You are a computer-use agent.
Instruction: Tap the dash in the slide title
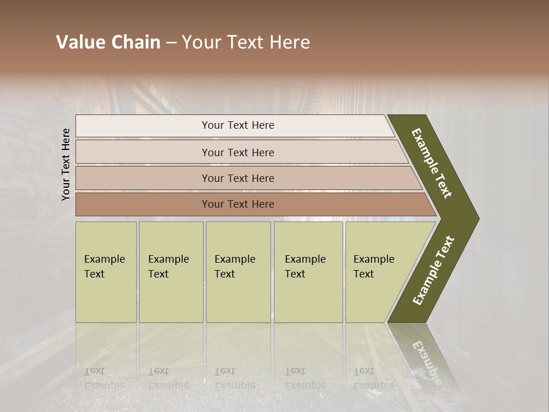pyautogui.click(x=171, y=43)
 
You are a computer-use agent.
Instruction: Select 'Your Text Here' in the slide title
pyautogui.click(x=246, y=42)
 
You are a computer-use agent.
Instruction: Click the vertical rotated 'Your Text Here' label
pyautogui.click(x=66, y=164)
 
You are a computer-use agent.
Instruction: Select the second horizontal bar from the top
pyautogui.click(x=237, y=152)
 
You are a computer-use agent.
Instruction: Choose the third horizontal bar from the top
pyautogui.click(x=237, y=179)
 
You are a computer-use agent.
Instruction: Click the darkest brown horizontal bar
pyautogui.click(x=237, y=204)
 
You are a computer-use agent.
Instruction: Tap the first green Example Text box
pyautogui.click(x=106, y=272)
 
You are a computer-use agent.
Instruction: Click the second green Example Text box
pyautogui.click(x=171, y=272)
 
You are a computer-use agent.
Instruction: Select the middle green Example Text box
pyautogui.click(x=238, y=272)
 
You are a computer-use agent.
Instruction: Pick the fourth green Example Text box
pyautogui.click(x=308, y=272)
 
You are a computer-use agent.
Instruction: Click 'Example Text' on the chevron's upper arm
pyautogui.click(x=432, y=163)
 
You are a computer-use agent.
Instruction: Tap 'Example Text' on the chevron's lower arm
pyautogui.click(x=433, y=271)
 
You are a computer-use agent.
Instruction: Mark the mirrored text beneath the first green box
pyautogui.click(x=104, y=378)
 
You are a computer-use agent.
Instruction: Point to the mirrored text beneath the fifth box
pyautogui.click(x=373, y=378)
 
